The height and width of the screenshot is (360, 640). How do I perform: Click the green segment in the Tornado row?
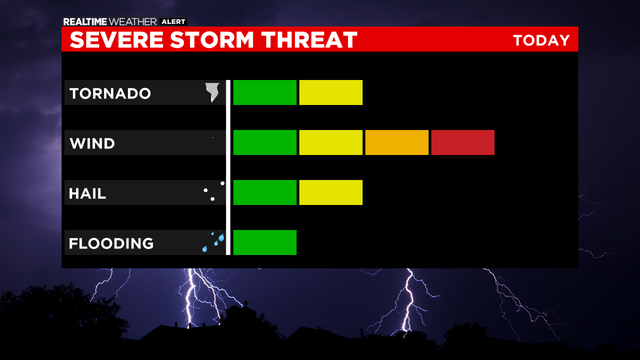[265, 92]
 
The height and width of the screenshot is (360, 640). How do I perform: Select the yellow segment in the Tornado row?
[330, 92]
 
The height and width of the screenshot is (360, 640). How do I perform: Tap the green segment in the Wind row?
[265, 143]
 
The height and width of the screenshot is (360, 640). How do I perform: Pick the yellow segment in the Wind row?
[330, 143]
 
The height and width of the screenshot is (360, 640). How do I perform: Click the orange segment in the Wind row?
[396, 143]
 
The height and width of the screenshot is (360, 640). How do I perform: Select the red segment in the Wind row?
[463, 143]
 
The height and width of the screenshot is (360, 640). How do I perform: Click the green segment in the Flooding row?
[265, 242]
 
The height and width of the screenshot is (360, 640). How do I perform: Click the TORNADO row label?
[110, 94]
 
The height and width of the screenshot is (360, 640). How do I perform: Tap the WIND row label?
[92, 144]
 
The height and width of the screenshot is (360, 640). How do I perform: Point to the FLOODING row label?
[111, 243]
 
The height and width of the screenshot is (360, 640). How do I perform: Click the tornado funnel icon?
[212, 93]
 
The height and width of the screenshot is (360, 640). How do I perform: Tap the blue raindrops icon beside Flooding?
[212, 242]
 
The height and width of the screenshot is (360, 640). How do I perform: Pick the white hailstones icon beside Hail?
[210, 192]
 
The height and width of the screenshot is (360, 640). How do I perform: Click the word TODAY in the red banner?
[541, 40]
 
